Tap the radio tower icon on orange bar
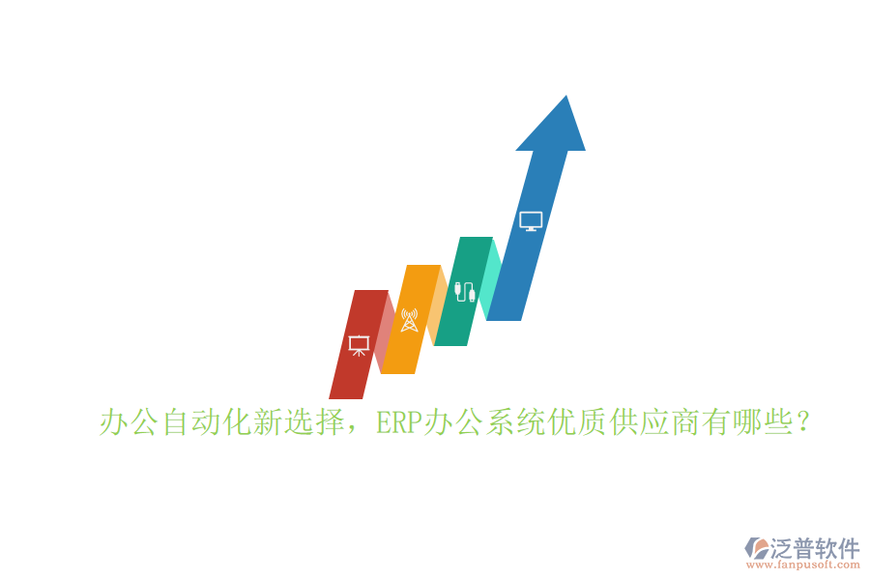click(x=409, y=320)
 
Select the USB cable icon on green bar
click(x=465, y=291)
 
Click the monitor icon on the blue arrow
click(x=531, y=221)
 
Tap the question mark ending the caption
click(x=800, y=423)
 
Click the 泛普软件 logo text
click(x=815, y=548)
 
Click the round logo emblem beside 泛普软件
click(x=756, y=547)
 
